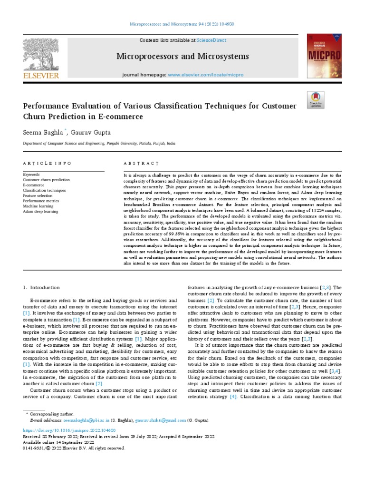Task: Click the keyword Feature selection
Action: pyautogui.click(x=38, y=195)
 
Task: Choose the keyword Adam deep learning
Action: pyautogui.click(x=40, y=211)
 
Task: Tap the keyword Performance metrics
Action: pyautogui.click(x=40, y=201)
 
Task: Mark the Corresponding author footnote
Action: pyautogui.click(x=52, y=415)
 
